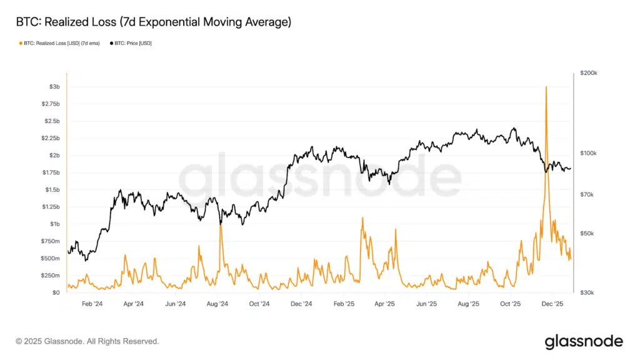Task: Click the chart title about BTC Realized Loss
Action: click(x=154, y=22)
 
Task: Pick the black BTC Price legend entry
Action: click(x=131, y=43)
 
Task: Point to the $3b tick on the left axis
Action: click(x=54, y=86)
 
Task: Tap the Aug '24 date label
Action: click(x=217, y=304)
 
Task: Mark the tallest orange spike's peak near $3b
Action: click(x=546, y=87)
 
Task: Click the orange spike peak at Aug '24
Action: click(x=221, y=224)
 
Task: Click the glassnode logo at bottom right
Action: click(x=584, y=341)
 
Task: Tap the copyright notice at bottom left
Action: click(x=87, y=341)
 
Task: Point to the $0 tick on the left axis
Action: click(x=56, y=292)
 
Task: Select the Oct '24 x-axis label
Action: click(x=259, y=304)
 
